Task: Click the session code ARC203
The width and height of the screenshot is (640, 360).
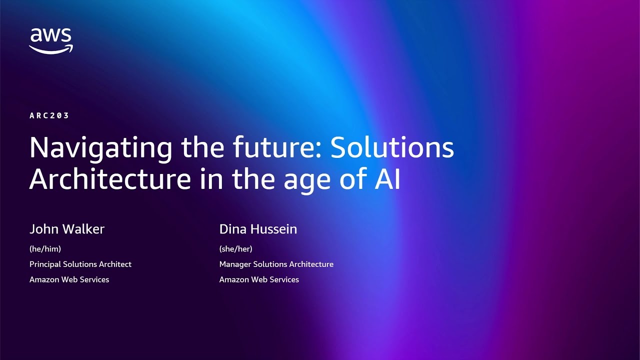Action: pyautogui.click(x=49, y=115)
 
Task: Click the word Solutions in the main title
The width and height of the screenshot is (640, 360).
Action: pyautogui.click(x=392, y=147)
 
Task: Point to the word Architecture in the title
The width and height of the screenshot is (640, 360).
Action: pyautogui.click(x=109, y=179)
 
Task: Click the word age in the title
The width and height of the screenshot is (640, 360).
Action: pyautogui.click(x=305, y=181)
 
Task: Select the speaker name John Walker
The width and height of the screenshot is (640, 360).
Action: pyautogui.click(x=67, y=229)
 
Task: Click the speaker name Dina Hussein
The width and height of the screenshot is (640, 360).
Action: pyautogui.click(x=258, y=229)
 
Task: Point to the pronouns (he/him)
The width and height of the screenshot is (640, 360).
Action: pyautogui.click(x=45, y=248)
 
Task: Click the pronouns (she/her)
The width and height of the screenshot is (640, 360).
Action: pyautogui.click(x=235, y=248)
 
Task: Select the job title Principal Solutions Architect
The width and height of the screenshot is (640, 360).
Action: pyautogui.click(x=80, y=264)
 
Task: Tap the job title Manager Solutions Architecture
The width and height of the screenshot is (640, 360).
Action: pyautogui.click(x=276, y=264)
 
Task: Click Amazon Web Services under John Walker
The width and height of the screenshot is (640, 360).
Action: pyautogui.click(x=69, y=279)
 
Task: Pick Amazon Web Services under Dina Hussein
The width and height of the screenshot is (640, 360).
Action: pyautogui.click(x=259, y=279)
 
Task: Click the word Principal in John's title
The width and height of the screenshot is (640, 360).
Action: pyautogui.click(x=45, y=264)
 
